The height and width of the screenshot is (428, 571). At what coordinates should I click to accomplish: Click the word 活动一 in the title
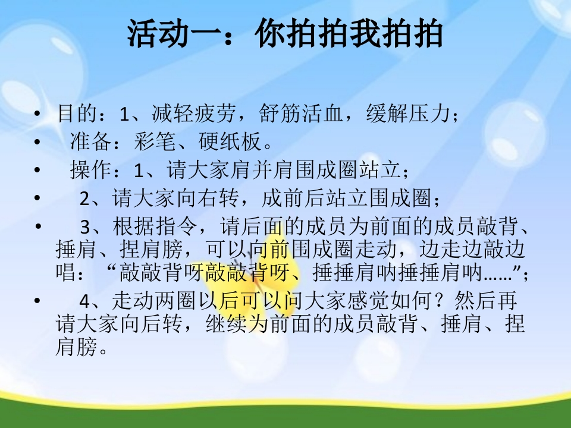click(x=174, y=33)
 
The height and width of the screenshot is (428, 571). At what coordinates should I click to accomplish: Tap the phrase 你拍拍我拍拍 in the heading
click(x=349, y=33)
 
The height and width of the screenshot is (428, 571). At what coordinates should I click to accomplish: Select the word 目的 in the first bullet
click(x=77, y=113)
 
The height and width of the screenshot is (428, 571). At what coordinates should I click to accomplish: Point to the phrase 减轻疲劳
click(x=194, y=113)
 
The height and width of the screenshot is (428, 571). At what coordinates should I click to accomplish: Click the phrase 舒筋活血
click(x=301, y=113)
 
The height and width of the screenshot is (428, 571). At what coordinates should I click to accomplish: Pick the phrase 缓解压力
click(x=408, y=113)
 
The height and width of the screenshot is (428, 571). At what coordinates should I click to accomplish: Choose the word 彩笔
click(x=155, y=141)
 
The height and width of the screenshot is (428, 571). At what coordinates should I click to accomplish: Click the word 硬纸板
click(x=230, y=141)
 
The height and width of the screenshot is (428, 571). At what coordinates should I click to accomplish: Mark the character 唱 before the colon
click(x=66, y=272)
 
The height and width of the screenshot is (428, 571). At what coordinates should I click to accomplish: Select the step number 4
click(x=84, y=301)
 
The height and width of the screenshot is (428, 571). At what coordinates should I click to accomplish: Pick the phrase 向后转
click(x=151, y=323)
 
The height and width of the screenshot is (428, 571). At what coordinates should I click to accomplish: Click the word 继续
click(x=227, y=323)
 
